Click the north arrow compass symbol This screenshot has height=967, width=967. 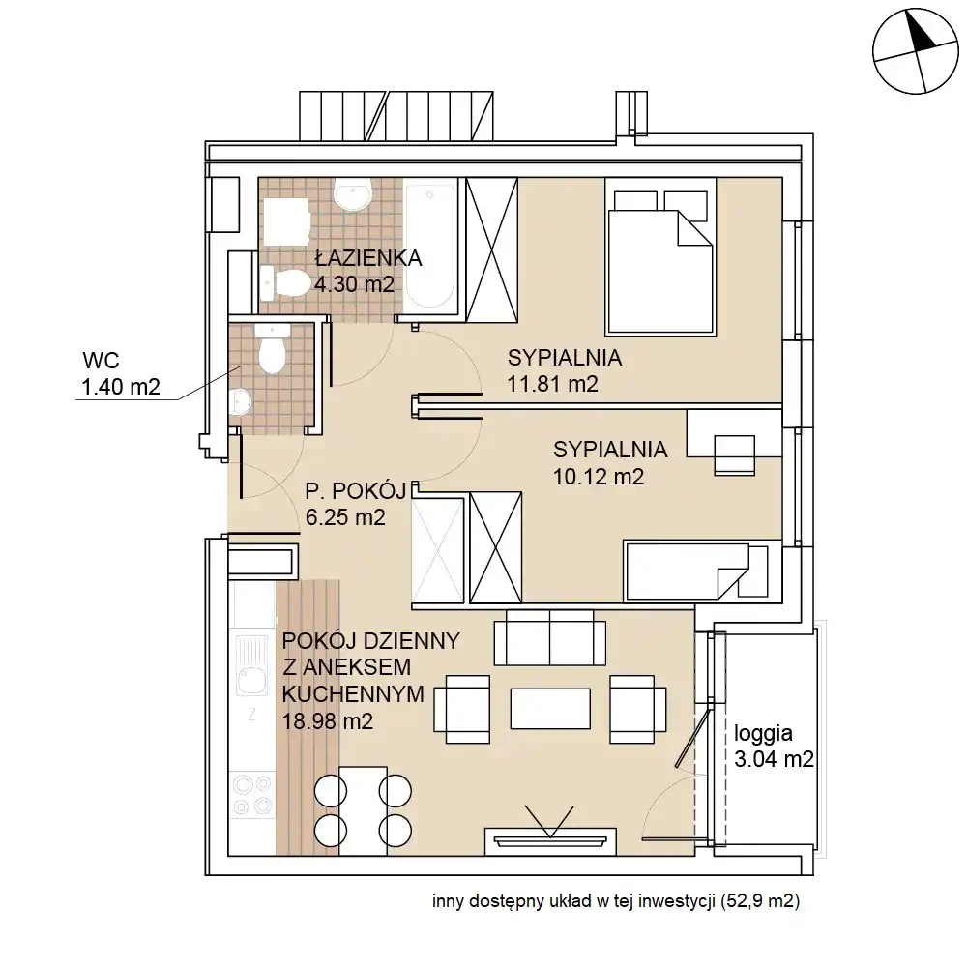pyautogui.click(x=915, y=51)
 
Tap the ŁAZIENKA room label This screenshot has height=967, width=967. pyautogui.click(x=368, y=258)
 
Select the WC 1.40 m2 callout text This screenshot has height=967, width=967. pyautogui.click(x=121, y=373)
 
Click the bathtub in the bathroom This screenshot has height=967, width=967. pyautogui.click(x=430, y=247)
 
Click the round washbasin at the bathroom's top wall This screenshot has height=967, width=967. pyautogui.click(x=352, y=193)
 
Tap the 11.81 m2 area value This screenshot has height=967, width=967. pyautogui.click(x=552, y=384)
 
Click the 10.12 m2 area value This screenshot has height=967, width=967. pyautogui.click(x=599, y=477)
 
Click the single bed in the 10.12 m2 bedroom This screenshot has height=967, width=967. pyautogui.click(x=702, y=571)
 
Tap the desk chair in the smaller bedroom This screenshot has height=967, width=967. pyautogui.click(x=735, y=455)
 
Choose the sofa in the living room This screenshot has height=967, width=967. pyautogui.click(x=549, y=637)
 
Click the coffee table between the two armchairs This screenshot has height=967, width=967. pyautogui.click(x=550, y=709)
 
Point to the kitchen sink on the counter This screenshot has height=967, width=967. pyautogui.click(x=251, y=666)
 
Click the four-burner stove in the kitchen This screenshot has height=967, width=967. pyautogui.click(x=252, y=795)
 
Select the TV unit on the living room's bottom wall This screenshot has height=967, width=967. pyautogui.click(x=550, y=841)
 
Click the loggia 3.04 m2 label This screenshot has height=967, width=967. pyautogui.click(x=774, y=747)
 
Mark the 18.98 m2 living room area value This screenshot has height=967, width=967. pyautogui.click(x=328, y=721)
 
